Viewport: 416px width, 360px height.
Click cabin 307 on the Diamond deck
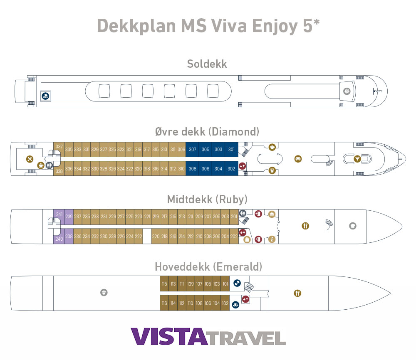(192, 150)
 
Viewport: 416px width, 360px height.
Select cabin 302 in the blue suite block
(232, 169)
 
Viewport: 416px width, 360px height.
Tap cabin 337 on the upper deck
(59, 147)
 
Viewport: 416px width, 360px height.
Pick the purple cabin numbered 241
(59, 215)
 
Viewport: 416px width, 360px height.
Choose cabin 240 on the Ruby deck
(59, 239)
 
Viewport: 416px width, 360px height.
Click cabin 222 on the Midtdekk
(139, 237)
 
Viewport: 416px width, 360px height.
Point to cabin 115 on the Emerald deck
(165, 284)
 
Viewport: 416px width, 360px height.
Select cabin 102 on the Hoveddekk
(225, 303)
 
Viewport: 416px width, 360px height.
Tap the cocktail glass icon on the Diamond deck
(357, 159)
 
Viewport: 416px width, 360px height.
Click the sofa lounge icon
(298, 159)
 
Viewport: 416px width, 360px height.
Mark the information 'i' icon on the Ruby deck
(272, 239)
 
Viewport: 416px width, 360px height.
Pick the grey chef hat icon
(353, 226)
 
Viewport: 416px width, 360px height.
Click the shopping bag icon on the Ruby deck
(247, 239)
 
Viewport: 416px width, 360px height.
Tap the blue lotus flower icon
(235, 304)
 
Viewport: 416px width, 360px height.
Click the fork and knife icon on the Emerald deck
(297, 293)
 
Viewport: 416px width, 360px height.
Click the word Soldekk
(207, 64)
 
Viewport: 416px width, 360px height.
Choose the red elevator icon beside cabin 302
(243, 166)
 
